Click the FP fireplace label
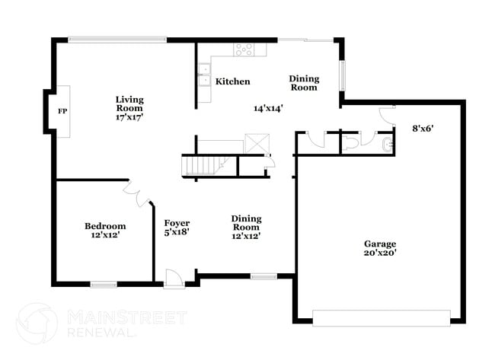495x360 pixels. [62, 111]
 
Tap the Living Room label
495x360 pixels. [129, 104]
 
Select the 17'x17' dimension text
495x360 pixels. [129, 117]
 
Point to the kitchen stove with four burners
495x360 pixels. [244, 49]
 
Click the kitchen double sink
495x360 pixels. [204, 73]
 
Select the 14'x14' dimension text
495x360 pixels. [269, 108]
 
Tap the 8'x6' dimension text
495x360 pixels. [423, 128]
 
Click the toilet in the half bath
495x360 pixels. [353, 142]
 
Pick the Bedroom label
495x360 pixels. [105, 226]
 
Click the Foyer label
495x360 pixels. [177, 223]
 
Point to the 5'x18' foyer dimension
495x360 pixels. [177, 233]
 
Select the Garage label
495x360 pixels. [378, 244]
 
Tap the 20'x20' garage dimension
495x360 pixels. [378, 253]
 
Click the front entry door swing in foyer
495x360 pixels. [174, 278]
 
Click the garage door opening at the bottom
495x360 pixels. [381, 317]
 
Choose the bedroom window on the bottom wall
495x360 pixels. [104, 285]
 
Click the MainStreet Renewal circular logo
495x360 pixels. [37, 323]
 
